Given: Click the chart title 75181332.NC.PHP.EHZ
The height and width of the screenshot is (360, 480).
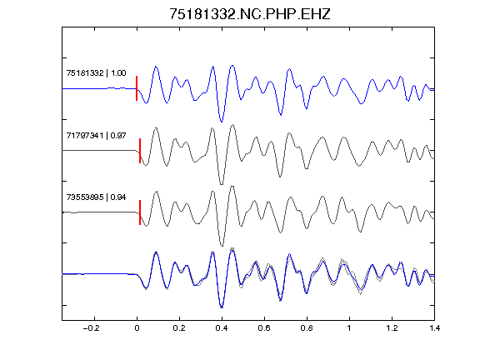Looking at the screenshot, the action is coord(250,14).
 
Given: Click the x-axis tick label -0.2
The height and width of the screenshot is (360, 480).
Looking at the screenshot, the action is coord(92,328).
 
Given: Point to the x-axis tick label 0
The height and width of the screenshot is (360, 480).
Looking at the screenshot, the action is coord(137,328).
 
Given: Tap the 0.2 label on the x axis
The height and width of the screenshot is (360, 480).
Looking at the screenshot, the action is coord(179,328).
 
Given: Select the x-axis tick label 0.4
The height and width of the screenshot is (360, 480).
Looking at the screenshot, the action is coord(222,328).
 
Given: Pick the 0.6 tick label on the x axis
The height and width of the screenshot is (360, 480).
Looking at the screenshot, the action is coord(264,328).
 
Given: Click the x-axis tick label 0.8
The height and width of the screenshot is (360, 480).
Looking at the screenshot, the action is coord(307,328).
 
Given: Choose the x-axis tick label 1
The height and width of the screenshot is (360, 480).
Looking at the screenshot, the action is coord(349,328).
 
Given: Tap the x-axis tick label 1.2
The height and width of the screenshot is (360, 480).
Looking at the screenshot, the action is coord(392,328).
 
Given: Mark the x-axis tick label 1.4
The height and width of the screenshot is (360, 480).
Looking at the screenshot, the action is coord(434,328).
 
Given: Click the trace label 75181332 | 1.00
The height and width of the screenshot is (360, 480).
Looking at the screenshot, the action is coord(96,73).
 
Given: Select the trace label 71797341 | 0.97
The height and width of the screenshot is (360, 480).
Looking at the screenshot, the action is coord(96,135).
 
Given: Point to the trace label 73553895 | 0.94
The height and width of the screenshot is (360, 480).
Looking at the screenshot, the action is coord(96,197).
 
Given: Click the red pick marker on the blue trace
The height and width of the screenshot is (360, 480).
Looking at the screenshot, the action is coord(137,88).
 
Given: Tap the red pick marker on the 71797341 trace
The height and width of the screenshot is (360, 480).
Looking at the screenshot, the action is coord(140,151).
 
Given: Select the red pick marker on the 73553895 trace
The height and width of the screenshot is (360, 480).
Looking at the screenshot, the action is coord(140,212).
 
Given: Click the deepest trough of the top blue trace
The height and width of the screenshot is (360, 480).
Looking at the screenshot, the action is coord(222,122).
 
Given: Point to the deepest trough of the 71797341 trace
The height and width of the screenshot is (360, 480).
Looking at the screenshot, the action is coord(222,184).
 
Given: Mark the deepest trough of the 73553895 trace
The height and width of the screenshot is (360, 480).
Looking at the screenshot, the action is coord(222,246).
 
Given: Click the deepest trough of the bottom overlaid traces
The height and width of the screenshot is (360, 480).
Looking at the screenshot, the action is coord(222,307).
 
